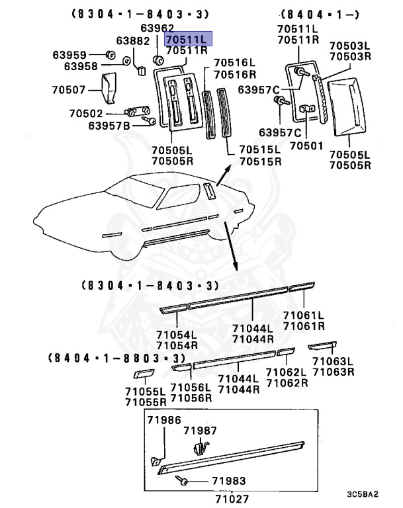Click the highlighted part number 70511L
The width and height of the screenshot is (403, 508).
point(187,39)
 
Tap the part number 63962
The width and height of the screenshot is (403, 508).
point(157,28)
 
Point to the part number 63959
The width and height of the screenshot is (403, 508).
point(70,55)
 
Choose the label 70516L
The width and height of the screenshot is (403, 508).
point(230,65)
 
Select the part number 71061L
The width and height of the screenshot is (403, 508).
point(304,316)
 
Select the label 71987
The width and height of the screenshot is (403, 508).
point(200,431)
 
